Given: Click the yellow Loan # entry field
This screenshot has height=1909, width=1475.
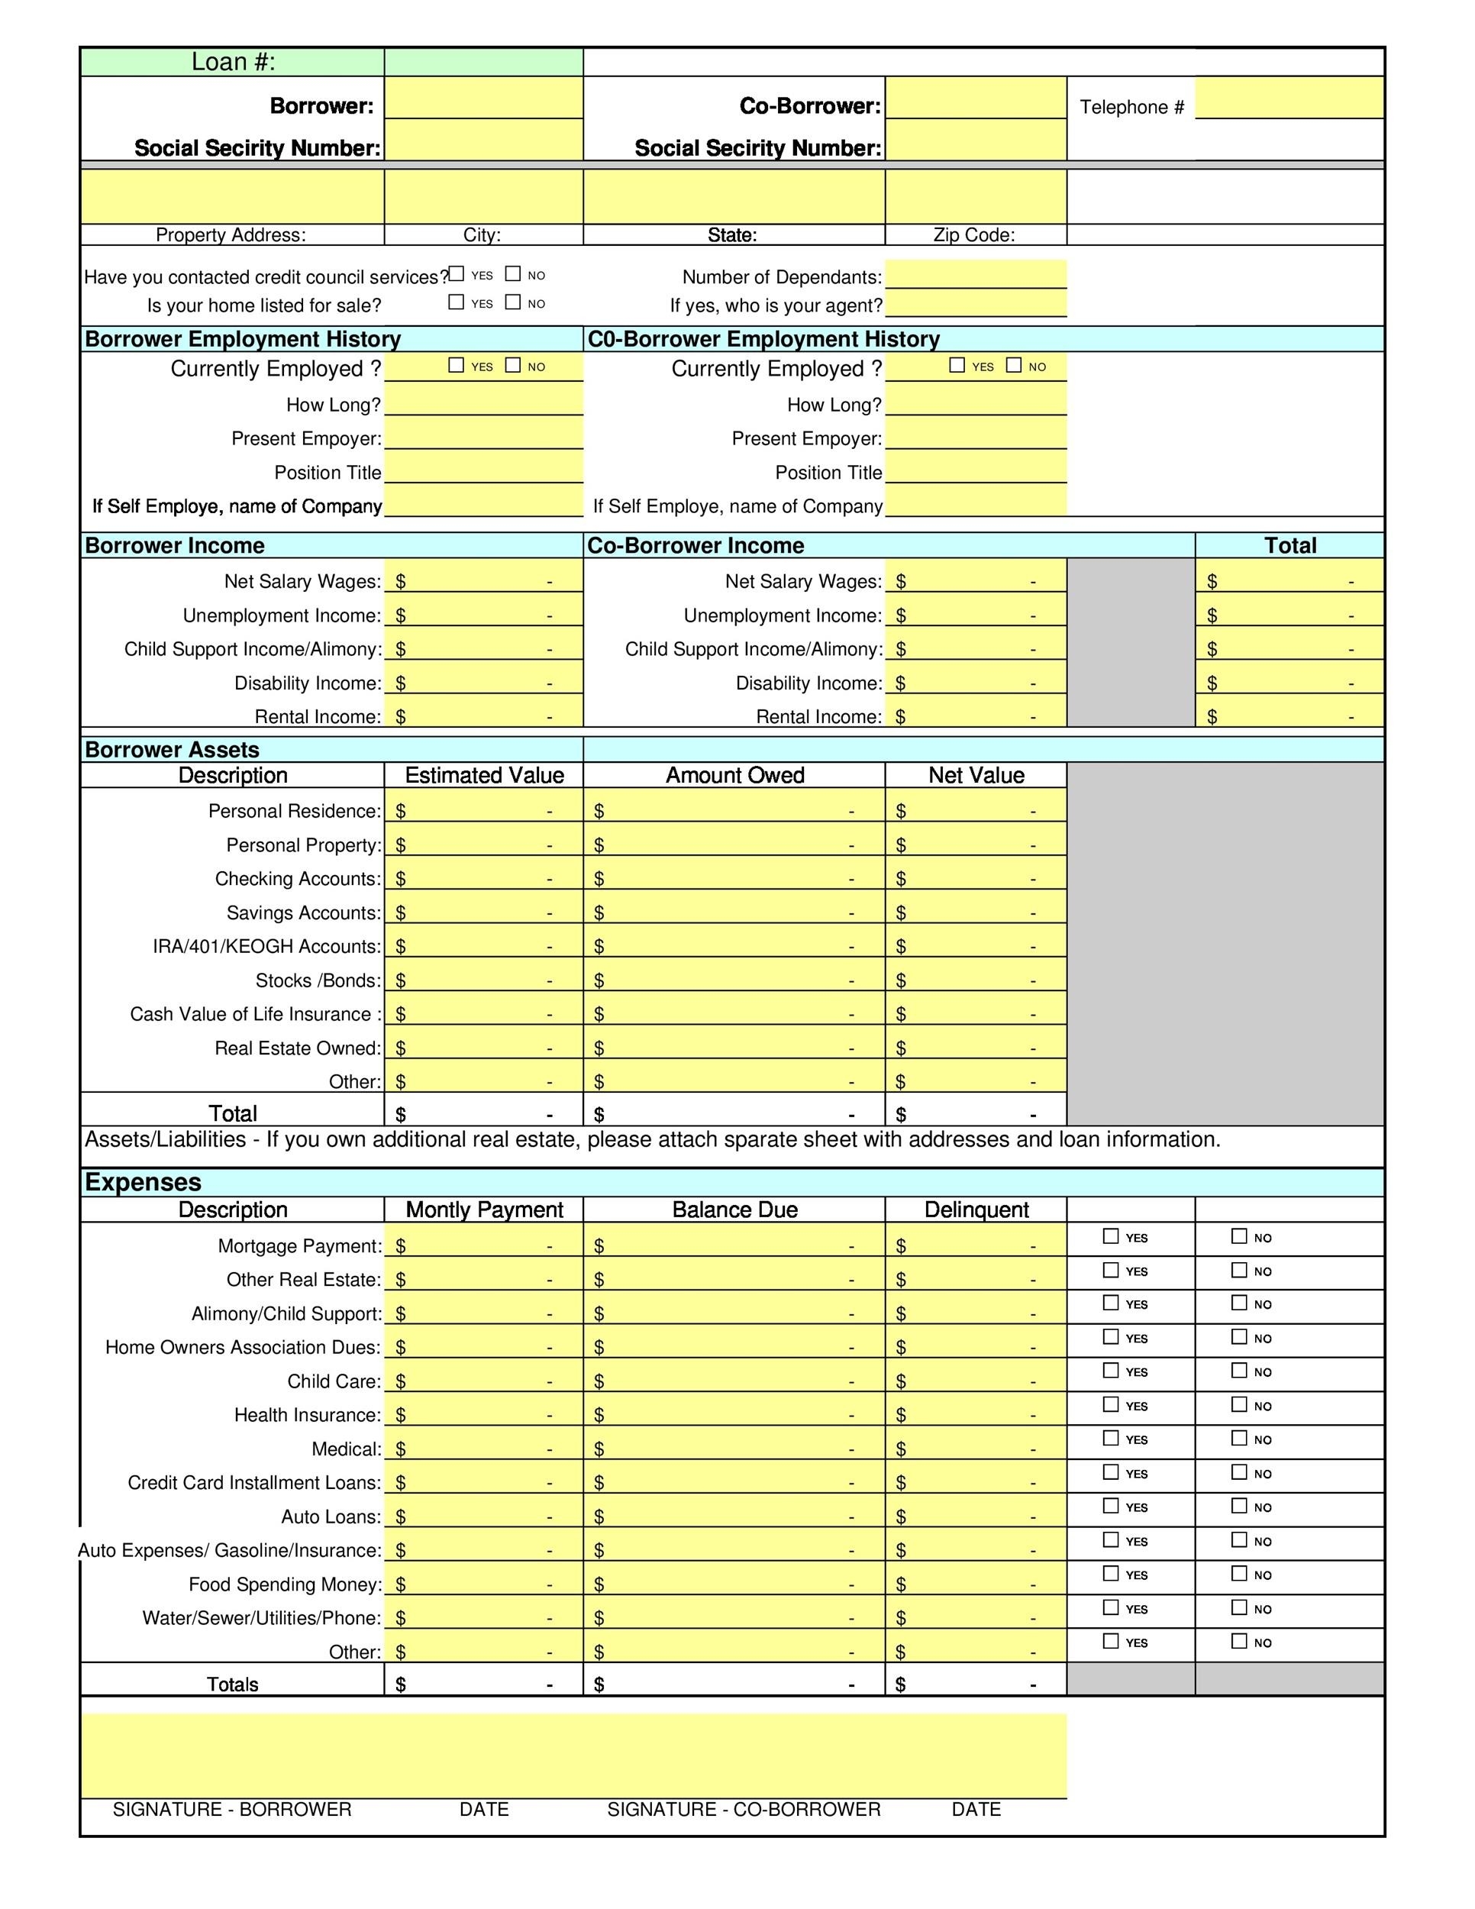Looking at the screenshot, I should pyautogui.click(x=483, y=62).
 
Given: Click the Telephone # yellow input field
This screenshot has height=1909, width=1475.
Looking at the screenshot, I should pyautogui.click(x=1288, y=97).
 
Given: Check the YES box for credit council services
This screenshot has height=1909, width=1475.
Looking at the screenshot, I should pyautogui.click(x=456, y=274).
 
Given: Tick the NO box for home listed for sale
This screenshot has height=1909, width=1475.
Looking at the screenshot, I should pyautogui.click(x=513, y=302).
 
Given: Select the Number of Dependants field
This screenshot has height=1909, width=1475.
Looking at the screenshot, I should pyautogui.click(x=975, y=274).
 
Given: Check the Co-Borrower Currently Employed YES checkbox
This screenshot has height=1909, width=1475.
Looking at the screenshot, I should pyautogui.click(x=957, y=365).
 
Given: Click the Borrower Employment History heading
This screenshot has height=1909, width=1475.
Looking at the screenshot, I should pyautogui.click(x=243, y=339).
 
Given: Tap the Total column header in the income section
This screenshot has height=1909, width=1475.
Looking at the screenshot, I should pyautogui.click(x=1289, y=545).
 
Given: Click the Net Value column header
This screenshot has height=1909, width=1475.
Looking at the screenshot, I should pyautogui.click(x=975, y=775).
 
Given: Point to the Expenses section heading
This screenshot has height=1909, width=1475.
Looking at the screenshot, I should pyautogui.click(x=144, y=1182).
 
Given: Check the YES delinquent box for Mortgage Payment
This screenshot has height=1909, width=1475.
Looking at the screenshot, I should pyautogui.click(x=1111, y=1236).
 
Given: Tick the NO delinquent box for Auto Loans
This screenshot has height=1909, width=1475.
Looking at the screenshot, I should pyautogui.click(x=1239, y=1506).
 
